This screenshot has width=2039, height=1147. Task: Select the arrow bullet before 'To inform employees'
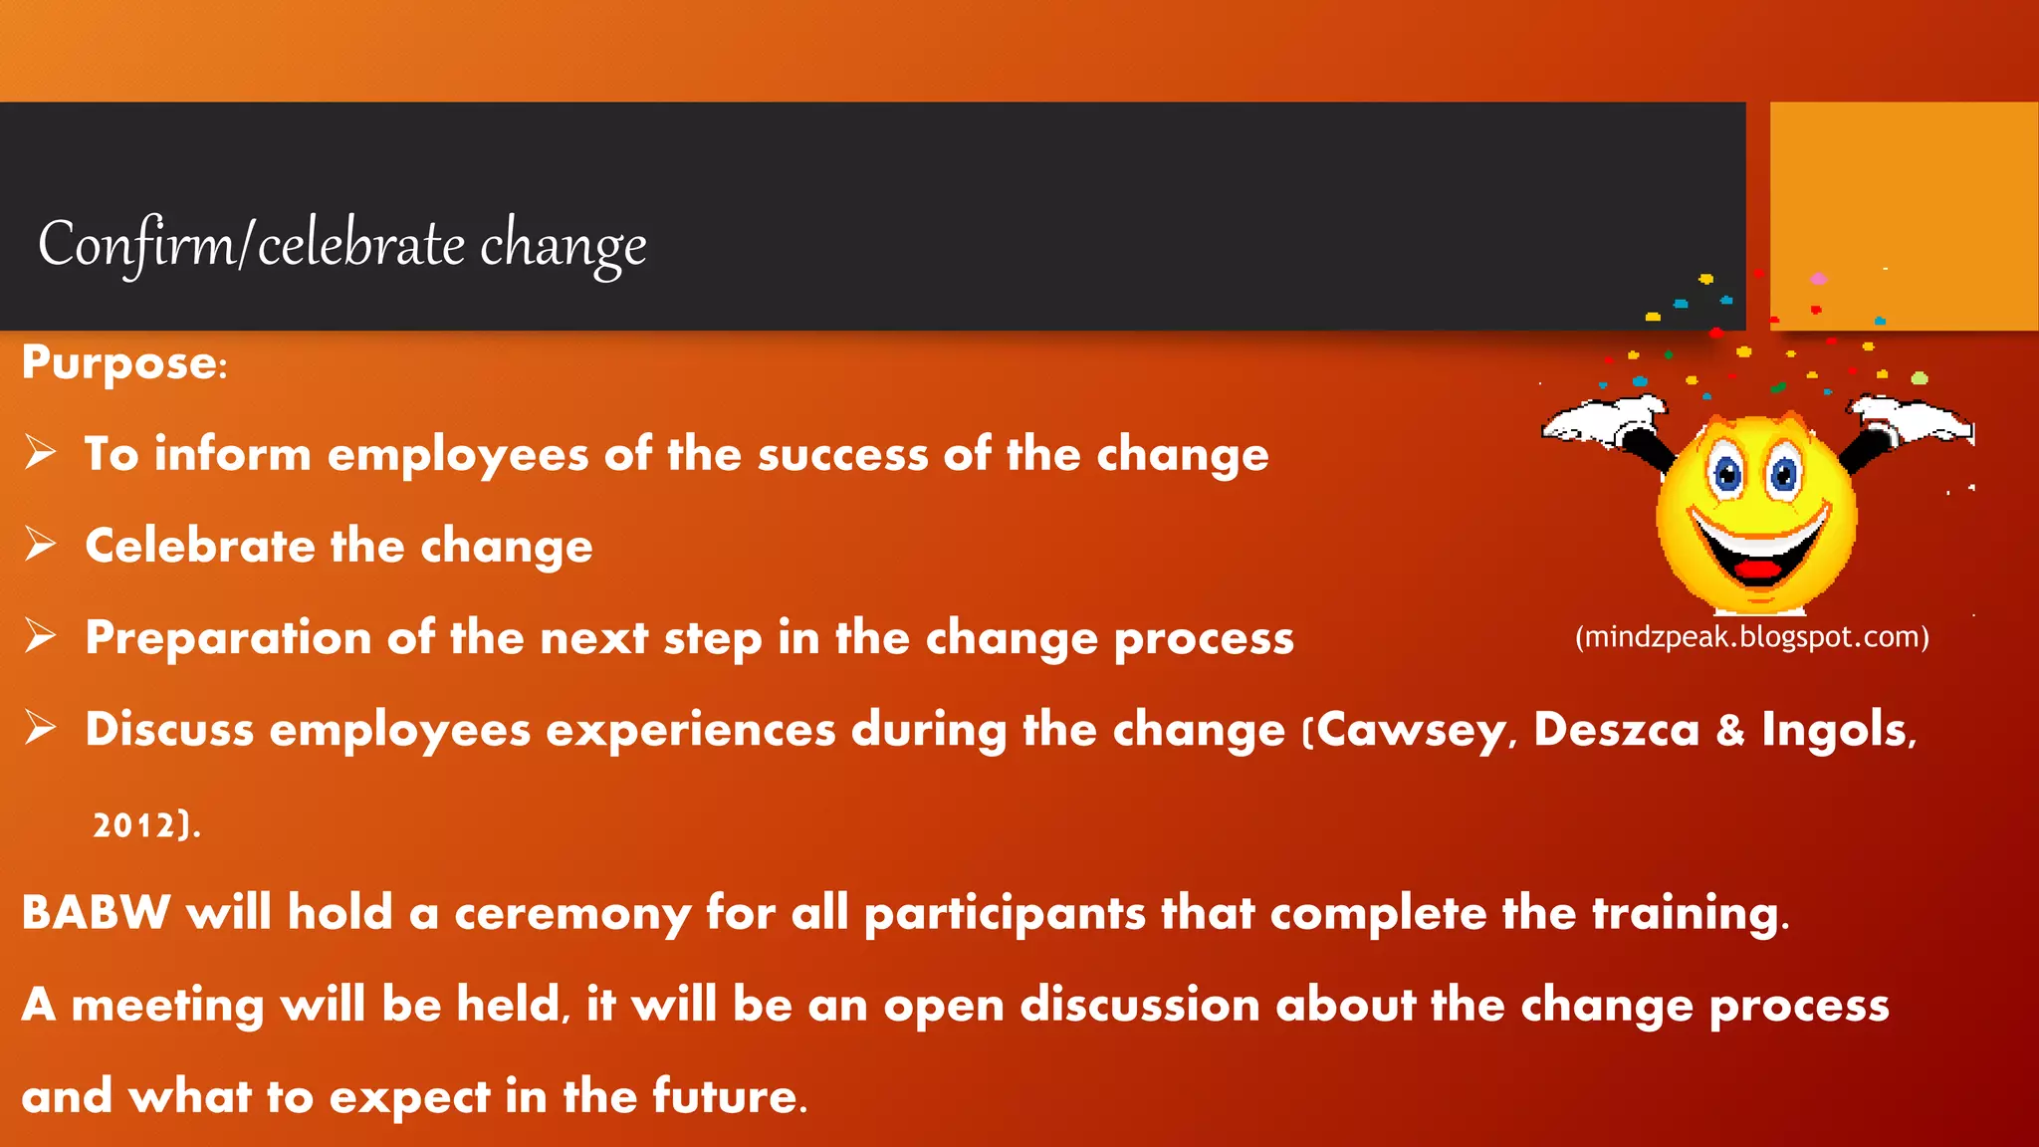[x=41, y=453]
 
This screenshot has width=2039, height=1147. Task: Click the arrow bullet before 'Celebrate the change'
[x=41, y=545]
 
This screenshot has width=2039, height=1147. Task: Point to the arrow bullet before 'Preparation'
[x=41, y=636]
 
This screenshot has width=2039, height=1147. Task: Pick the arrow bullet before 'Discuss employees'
[x=41, y=728]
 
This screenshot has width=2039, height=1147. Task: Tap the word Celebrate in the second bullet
[x=200, y=546]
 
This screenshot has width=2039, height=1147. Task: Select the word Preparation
[x=228, y=638]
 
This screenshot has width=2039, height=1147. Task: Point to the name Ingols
[x=1834, y=730]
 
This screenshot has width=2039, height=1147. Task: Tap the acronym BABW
[x=96, y=912]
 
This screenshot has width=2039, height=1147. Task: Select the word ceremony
[x=572, y=914]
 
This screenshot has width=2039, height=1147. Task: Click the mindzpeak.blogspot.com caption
[x=1752, y=637]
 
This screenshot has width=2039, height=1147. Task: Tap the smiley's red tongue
[x=1758, y=572]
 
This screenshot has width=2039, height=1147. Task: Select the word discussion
[x=1140, y=1005]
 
